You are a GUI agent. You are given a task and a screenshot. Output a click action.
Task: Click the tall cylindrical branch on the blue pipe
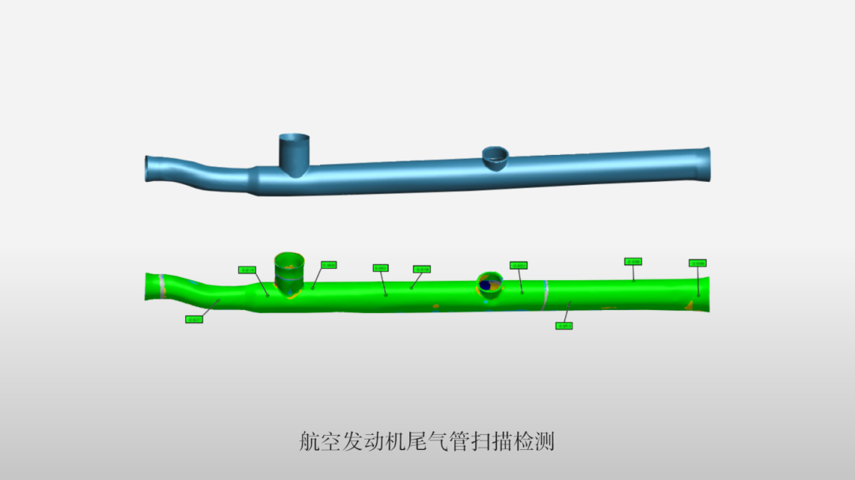click(x=293, y=153)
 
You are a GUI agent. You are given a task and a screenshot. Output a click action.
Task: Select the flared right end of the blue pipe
click(x=704, y=164)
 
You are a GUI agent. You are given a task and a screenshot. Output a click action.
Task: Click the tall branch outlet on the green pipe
click(x=289, y=269)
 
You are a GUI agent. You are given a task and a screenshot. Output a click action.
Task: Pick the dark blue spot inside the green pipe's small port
click(x=485, y=284)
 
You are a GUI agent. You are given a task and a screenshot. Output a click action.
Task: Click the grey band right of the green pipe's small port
click(x=546, y=293)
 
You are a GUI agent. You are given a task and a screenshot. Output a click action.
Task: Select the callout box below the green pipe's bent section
click(x=193, y=319)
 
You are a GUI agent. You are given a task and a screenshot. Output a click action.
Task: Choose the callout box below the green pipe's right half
click(x=564, y=325)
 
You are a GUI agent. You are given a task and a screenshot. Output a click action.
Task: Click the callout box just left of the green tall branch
click(x=247, y=270)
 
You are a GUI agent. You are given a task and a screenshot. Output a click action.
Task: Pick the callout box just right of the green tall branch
click(x=329, y=265)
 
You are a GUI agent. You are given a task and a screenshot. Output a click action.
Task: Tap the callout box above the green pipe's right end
click(x=697, y=263)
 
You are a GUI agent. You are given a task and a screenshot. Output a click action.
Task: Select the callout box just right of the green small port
click(x=519, y=266)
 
